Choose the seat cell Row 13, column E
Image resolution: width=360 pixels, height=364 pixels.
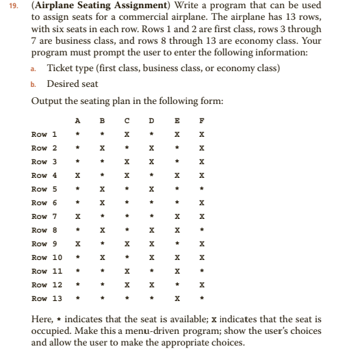(x=177, y=299)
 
